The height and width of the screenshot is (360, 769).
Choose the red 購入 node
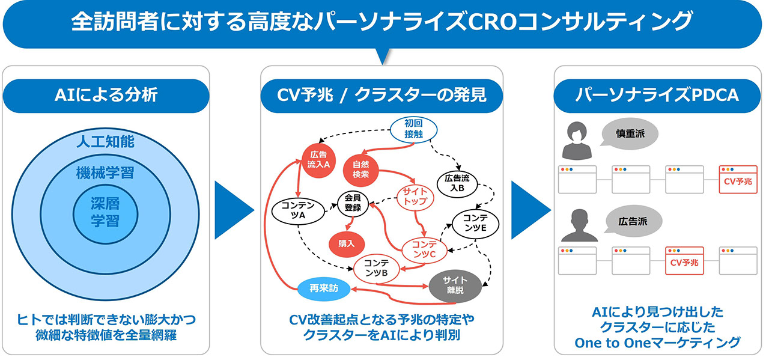point(347,243)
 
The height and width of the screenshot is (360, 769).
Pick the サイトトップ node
point(415,196)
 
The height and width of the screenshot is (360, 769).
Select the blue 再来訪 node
point(325,288)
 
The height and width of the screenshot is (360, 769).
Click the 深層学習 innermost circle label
point(105,212)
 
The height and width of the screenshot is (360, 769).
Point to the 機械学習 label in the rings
point(105,174)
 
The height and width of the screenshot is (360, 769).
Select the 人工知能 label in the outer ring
point(105,142)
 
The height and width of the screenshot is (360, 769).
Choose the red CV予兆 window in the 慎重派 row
point(738,179)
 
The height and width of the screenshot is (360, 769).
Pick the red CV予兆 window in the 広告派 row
point(684,261)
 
